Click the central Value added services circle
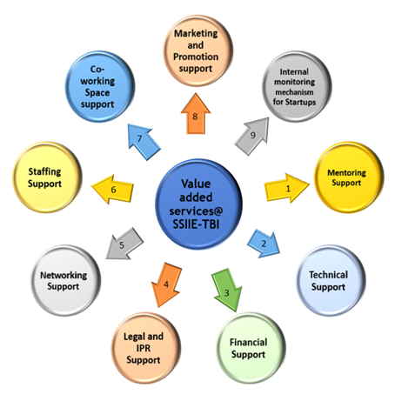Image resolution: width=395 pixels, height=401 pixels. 198,204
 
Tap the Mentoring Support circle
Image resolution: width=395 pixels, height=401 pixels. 349,177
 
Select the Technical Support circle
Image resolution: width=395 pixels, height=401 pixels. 331,280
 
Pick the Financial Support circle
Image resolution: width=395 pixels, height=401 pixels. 251,348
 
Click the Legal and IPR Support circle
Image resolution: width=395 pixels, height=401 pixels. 146,348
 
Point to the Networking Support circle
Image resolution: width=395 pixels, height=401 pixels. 66,280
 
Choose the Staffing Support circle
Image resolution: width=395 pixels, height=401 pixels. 47,177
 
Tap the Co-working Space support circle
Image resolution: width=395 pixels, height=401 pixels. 100,86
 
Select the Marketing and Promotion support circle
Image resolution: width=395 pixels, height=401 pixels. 198,51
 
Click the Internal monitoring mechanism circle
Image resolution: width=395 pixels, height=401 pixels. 297,86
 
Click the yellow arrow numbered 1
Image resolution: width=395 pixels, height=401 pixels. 286,189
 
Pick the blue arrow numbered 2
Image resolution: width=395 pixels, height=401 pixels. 264,244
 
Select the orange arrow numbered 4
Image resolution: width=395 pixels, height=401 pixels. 166,284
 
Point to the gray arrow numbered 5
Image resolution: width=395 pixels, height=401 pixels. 124,244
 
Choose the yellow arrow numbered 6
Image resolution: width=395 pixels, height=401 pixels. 113,190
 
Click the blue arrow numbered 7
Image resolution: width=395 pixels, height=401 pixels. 144,142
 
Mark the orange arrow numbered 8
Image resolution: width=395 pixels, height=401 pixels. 196,114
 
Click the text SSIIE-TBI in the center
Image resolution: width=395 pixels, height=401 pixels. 196,224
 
